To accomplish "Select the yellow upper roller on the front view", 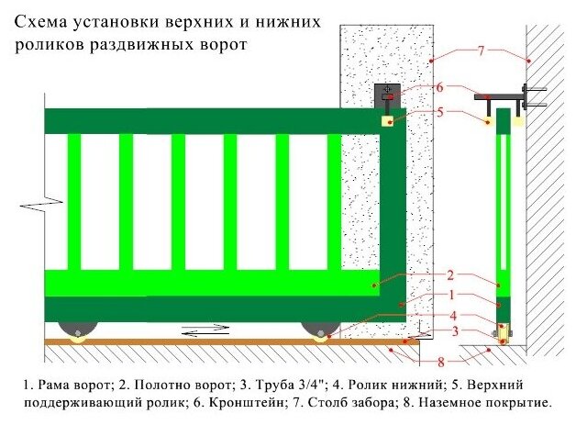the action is tap(390, 119).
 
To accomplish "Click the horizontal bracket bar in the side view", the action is tap(500, 95).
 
